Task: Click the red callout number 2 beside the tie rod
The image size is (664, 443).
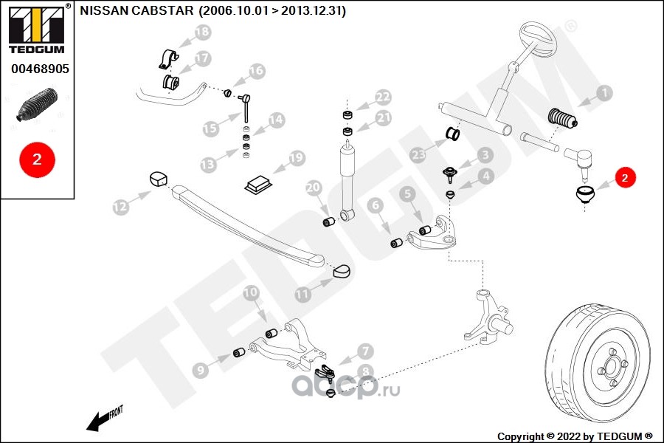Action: pos(624,177)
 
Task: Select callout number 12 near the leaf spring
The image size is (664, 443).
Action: pos(120,207)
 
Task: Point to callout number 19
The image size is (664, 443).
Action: pos(296,157)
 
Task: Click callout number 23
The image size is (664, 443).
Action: pos(419,155)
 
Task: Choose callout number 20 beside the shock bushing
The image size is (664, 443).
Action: pos(313,188)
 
